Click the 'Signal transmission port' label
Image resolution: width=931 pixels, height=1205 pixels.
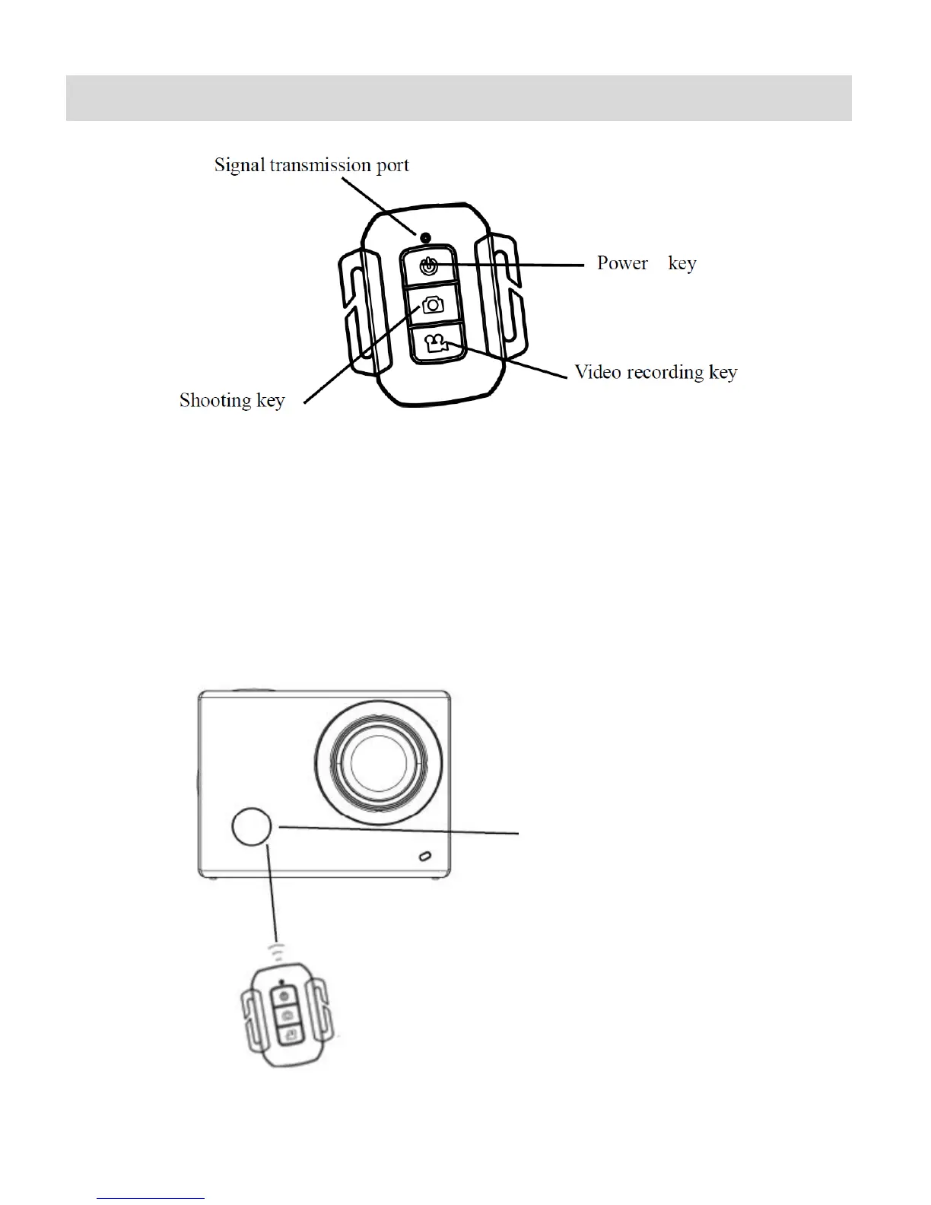tap(311, 165)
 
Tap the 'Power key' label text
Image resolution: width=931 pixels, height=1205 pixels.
tap(646, 264)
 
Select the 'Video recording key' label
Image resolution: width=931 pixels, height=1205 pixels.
tap(655, 372)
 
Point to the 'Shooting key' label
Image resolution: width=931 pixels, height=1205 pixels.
tap(232, 401)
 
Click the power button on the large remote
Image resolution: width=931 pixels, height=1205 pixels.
tap(429, 267)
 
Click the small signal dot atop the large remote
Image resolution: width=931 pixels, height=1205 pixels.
tap(427, 237)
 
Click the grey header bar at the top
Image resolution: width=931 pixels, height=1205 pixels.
tap(459, 98)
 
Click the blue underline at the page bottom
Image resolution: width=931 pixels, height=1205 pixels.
tap(151, 1198)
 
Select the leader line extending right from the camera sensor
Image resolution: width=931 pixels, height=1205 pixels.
tap(399, 830)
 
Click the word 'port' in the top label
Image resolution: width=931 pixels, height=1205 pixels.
tap(392, 166)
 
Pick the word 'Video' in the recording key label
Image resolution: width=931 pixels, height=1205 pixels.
tap(596, 372)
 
